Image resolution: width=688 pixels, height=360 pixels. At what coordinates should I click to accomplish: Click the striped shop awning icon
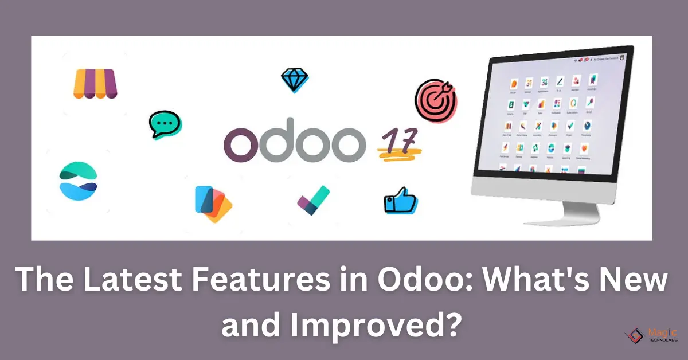pyautogui.click(x=95, y=84)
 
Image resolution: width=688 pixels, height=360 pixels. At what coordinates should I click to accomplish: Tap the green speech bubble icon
pyautogui.click(x=165, y=124)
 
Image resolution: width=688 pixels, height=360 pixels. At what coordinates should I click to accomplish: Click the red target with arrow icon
pyautogui.click(x=436, y=97)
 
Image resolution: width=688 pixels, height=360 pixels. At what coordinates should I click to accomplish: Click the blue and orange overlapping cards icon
pyautogui.click(x=213, y=204)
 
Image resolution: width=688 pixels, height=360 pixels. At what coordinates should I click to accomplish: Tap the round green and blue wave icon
pyautogui.click(x=78, y=181)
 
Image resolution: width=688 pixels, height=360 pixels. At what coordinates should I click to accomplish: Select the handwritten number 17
pyautogui.click(x=398, y=139)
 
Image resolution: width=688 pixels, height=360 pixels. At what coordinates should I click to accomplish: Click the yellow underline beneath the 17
pyautogui.click(x=400, y=152)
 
